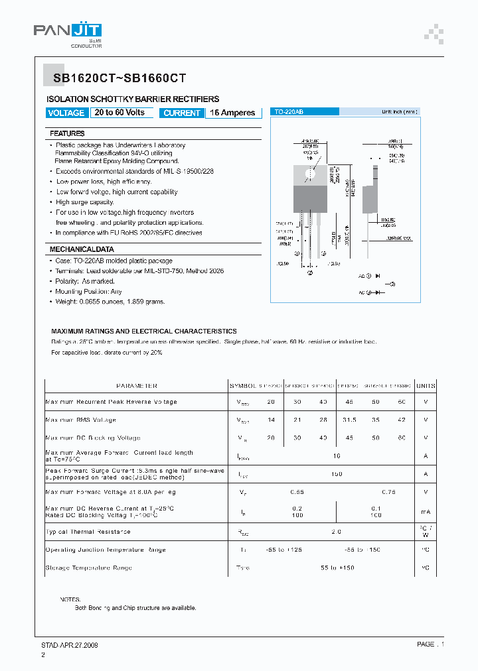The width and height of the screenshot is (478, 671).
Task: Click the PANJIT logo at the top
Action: coord(68,31)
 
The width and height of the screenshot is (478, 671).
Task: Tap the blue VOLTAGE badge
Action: coord(66,113)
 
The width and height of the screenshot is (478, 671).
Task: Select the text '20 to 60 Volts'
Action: coord(119,113)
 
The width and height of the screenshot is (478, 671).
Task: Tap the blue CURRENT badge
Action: coord(181,113)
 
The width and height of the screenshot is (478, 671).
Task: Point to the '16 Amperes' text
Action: coord(232,113)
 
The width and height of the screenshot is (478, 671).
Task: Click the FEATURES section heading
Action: coord(67,133)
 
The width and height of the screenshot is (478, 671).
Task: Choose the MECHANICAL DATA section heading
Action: coord(82,249)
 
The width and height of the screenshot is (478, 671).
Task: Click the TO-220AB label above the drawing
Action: coord(289,113)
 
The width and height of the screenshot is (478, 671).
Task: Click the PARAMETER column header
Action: coord(136,385)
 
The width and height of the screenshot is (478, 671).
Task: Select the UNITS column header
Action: coord(426,385)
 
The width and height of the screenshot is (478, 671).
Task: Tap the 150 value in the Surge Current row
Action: coord(336,474)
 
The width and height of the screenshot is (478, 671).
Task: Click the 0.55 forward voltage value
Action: coord(297,492)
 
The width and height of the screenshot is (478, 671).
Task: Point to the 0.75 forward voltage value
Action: coord(389,492)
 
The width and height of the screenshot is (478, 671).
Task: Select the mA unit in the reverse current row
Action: coord(426,512)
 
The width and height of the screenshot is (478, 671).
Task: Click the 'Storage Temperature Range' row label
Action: coord(88,568)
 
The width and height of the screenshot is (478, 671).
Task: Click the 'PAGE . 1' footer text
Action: coord(430,644)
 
